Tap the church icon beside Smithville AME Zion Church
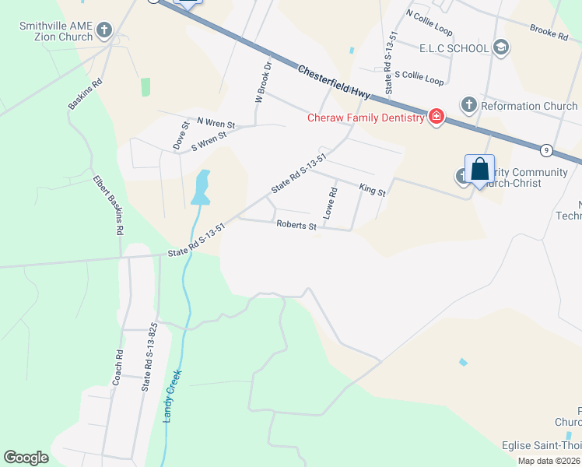pyautogui.click(x=104, y=31)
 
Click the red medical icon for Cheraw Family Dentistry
pyautogui.click(x=436, y=118)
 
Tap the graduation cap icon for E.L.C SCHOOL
pyautogui.click(x=501, y=48)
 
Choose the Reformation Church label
pyautogui.click(x=529, y=106)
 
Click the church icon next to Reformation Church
pyautogui.click(x=468, y=104)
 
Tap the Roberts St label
pyautogui.click(x=296, y=226)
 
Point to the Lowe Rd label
pyautogui.click(x=331, y=203)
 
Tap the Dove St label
pyautogui.click(x=180, y=135)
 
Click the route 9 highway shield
pyautogui.click(x=547, y=149)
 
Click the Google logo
pyautogui.click(x=26, y=458)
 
